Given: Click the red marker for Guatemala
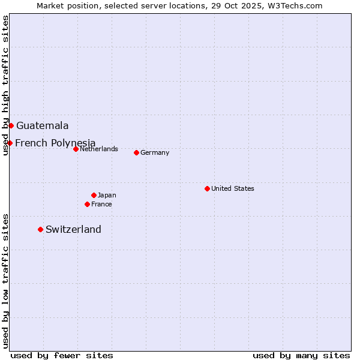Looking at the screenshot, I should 11,125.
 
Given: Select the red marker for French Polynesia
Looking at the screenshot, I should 10,143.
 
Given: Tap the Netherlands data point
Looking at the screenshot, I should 76,149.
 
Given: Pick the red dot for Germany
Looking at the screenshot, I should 136,152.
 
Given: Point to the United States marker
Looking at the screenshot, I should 207,188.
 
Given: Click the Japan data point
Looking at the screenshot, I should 94,195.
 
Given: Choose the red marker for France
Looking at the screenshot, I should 87,204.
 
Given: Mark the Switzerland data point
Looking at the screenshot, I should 40,229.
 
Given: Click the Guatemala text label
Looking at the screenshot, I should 43,126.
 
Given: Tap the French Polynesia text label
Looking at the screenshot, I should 55,143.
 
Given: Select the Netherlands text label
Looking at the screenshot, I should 98,149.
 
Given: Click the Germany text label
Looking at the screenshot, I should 155,152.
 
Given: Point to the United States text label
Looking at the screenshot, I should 233,188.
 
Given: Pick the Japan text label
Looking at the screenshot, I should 107,195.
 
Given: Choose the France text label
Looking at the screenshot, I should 101,204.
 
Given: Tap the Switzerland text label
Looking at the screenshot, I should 73,229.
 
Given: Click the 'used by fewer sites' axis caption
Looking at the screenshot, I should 62,355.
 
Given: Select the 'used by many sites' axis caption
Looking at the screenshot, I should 301,355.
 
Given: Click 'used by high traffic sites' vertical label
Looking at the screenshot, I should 5,86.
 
